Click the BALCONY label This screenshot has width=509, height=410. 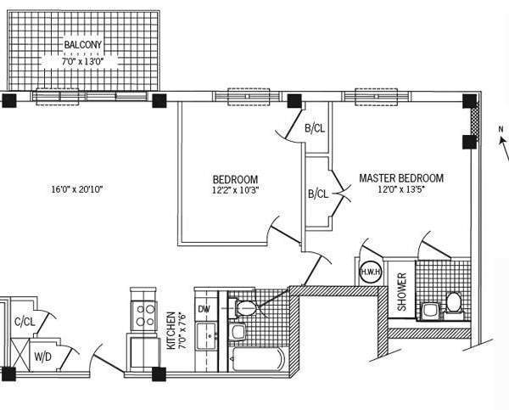coord(83,45)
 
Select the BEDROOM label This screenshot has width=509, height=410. coord(235,179)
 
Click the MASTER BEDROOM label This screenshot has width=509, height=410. coord(401,178)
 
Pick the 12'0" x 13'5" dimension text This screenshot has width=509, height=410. coord(401,190)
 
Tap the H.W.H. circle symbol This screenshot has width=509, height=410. coord(369,272)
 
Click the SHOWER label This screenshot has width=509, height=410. coord(402,291)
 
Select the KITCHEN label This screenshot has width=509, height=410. coord(171,331)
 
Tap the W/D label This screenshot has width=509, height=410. coord(42,357)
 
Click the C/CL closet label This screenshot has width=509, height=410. coord(25,321)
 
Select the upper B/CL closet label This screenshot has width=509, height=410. coord(315,129)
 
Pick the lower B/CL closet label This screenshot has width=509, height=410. coord(318,194)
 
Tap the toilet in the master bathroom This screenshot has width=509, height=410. coord(453,301)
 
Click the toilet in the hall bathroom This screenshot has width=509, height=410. coord(245,305)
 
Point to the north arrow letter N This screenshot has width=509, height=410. coord(501,129)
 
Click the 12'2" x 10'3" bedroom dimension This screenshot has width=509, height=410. coord(235,191)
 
